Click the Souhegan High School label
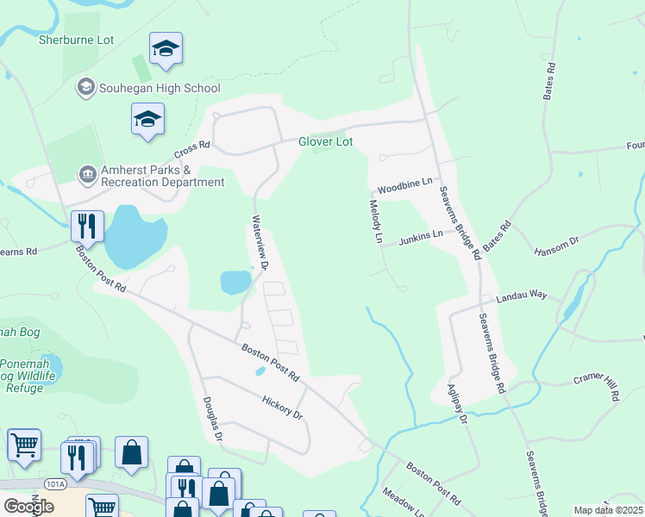(160, 88)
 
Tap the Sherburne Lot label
(78, 39)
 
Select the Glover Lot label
(326, 141)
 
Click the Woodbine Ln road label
(404, 188)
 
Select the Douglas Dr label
(212, 420)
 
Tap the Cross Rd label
(192, 149)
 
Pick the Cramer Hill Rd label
(598, 387)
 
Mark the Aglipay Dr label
(456, 405)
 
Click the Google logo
(28, 506)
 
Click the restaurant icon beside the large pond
(88, 226)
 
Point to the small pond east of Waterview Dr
(234, 282)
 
